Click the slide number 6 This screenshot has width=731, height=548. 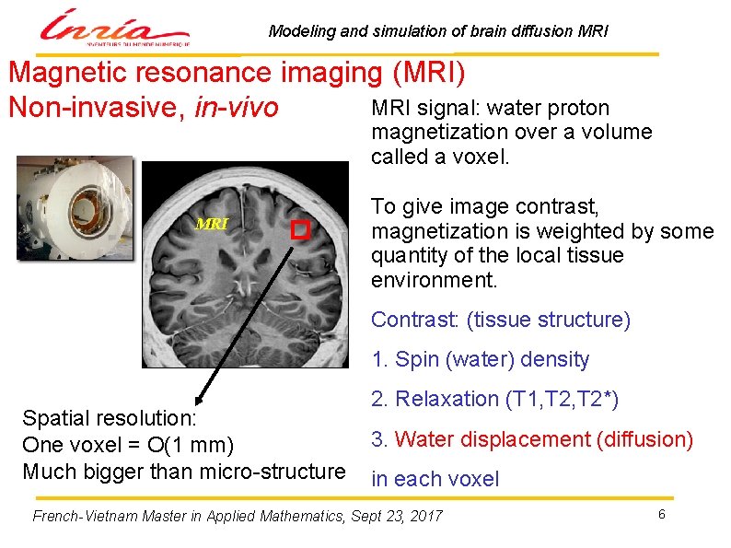pyautogui.click(x=661, y=513)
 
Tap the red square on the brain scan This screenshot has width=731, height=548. pyautogui.click(x=298, y=230)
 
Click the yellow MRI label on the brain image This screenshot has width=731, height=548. pyautogui.click(x=212, y=223)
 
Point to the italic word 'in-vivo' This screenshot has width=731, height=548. pyautogui.click(x=236, y=109)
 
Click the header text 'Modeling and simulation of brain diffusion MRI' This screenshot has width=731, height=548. pyautogui.click(x=438, y=31)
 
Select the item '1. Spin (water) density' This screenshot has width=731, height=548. pyautogui.click(x=480, y=359)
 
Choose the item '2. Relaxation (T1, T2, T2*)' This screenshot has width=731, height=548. pyautogui.click(x=494, y=399)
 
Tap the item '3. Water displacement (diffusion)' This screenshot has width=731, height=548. pyautogui.click(x=531, y=439)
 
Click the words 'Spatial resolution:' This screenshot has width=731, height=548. pyautogui.click(x=110, y=418)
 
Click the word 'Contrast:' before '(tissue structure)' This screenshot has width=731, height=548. pyautogui.click(x=415, y=320)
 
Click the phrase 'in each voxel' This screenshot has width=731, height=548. pyautogui.click(x=435, y=479)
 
